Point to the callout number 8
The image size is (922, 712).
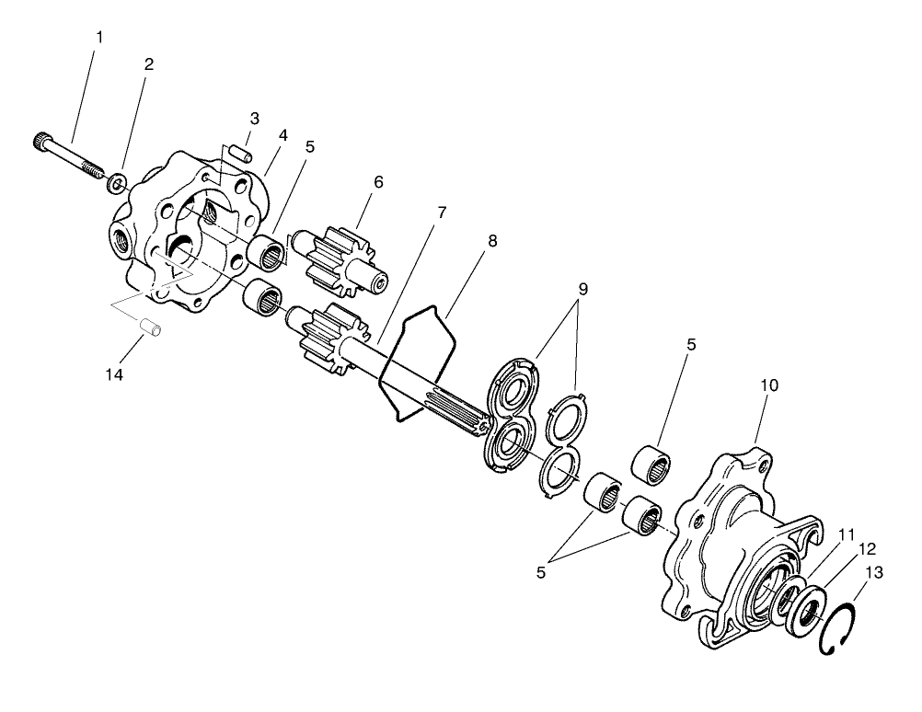492,241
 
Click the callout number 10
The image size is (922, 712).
769,385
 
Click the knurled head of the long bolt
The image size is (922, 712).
41,143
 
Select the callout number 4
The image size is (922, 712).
283,134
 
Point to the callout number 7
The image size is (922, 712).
442,212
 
